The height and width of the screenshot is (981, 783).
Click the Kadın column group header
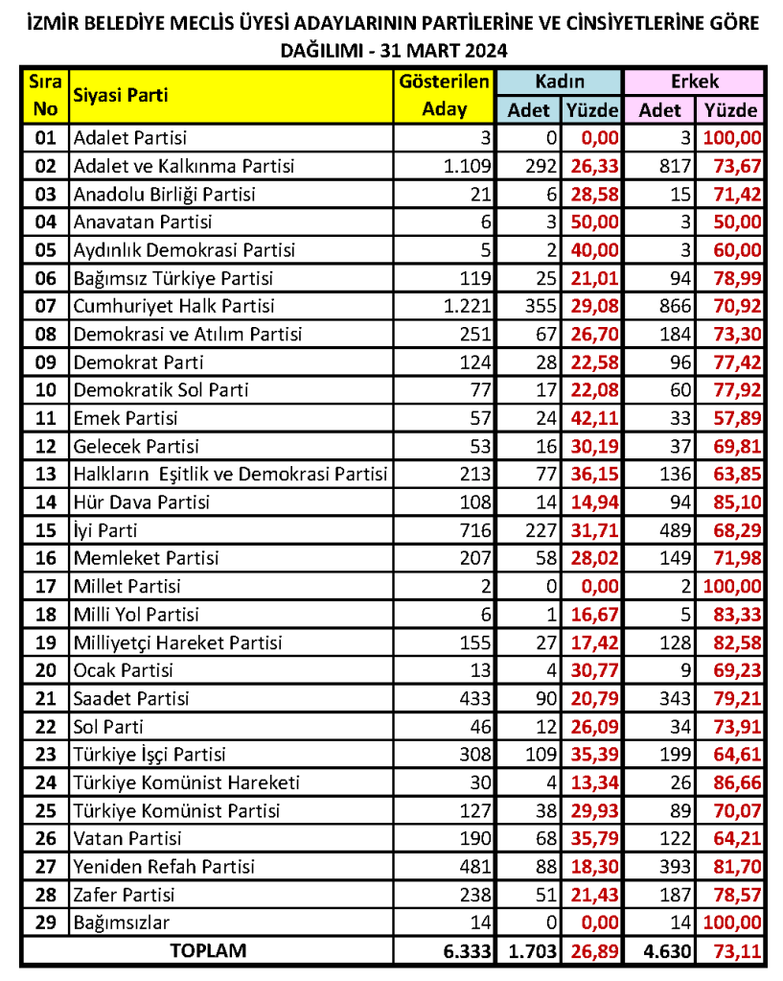[560, 82]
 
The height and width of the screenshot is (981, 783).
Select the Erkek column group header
[694, 82]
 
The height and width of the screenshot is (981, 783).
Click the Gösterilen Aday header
[444, 95]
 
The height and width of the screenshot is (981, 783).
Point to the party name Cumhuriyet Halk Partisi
[173, 307]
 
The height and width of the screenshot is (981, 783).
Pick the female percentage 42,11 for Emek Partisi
[595, 418]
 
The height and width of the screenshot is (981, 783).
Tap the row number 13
[45, 475]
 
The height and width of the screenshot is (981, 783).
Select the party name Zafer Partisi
[125, 895]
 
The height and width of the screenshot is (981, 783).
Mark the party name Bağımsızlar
[122, 923]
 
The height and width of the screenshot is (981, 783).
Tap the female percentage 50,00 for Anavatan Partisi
[595, 222]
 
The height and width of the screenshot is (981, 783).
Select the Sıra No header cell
[45, 95]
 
